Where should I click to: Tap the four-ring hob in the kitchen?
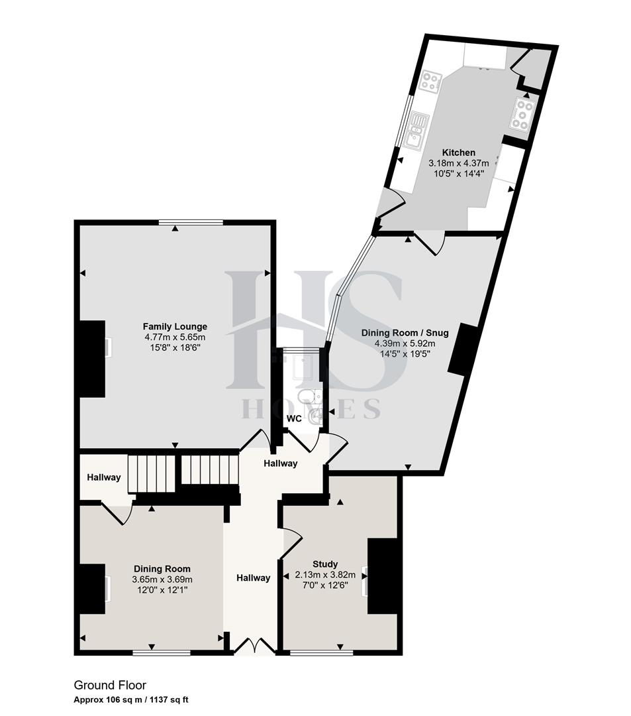[430, 82]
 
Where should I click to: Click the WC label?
[294, 419]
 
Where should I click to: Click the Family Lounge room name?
[175, 326]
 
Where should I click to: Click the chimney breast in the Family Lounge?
[93, 359]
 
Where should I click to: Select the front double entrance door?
[256, 646]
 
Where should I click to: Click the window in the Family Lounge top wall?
[191, 222]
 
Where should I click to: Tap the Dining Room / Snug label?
[405, 333]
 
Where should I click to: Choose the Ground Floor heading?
[109, 686]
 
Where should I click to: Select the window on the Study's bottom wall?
[321, 653]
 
